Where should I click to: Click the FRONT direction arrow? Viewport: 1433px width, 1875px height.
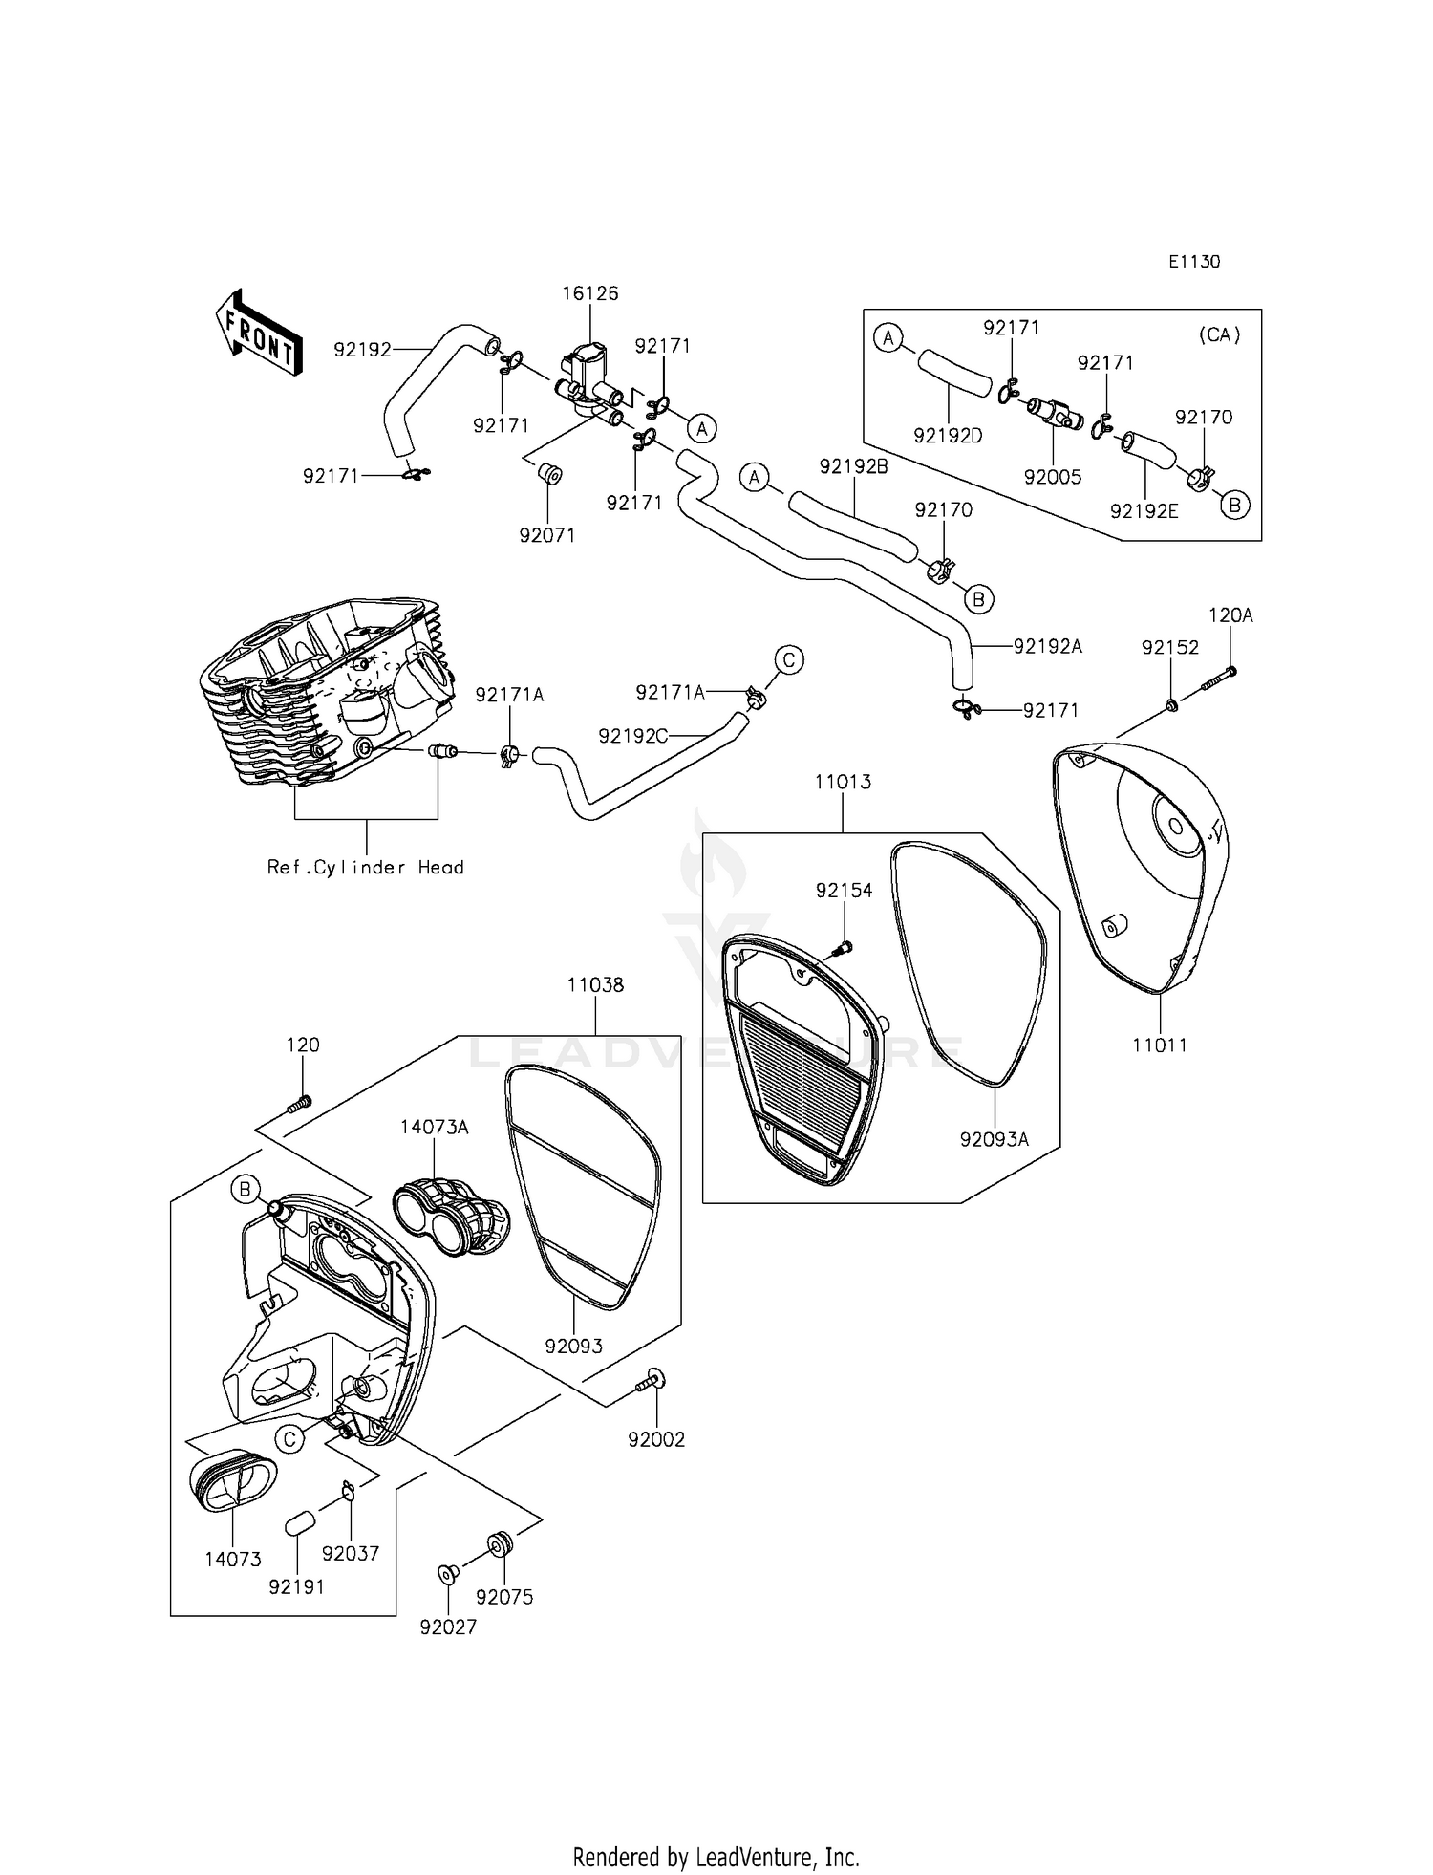259,332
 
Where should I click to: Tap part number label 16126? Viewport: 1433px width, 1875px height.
589,293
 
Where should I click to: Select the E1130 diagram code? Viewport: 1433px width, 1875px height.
1194,262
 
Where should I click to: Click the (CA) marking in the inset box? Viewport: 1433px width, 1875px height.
1219,335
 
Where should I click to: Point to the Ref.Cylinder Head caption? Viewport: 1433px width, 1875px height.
365,868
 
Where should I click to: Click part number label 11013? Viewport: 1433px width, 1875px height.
843,782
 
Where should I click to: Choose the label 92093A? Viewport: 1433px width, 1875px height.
995,1139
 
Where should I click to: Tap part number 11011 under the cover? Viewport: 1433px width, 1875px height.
1160,1045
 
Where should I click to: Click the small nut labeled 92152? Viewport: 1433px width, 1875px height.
1170,705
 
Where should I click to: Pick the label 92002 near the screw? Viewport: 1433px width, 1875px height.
656,1439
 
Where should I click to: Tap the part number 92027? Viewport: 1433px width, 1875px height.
448,1627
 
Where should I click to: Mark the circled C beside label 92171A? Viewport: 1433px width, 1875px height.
789,659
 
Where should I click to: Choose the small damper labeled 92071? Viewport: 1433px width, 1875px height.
549,474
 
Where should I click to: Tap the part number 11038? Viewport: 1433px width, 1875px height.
595,984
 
